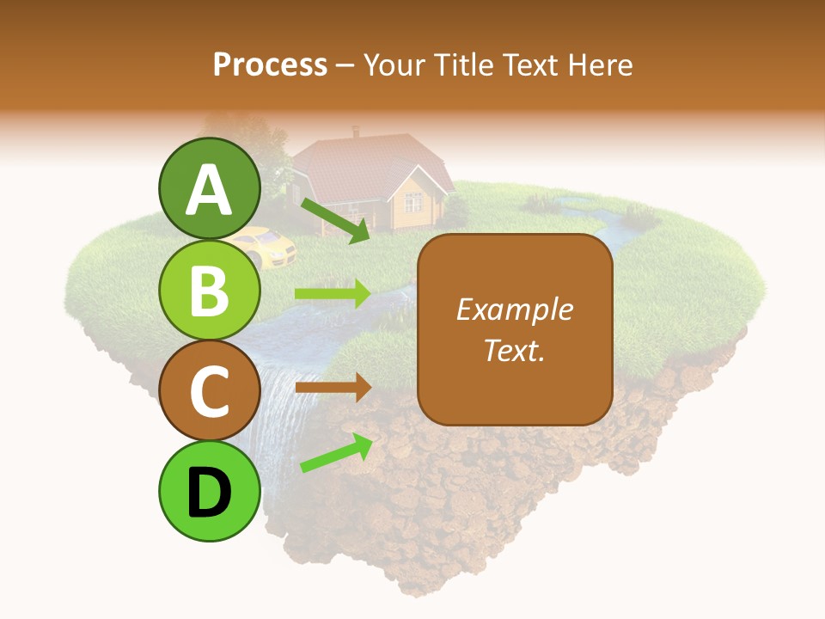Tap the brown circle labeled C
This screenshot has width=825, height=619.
[209, 390]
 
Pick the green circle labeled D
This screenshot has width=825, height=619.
[209, 491]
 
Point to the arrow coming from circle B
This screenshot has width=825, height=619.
[333, 294]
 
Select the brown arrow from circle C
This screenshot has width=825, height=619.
[333, 388]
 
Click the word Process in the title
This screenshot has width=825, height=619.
[270, 64]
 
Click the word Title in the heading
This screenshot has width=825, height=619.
[465, 64]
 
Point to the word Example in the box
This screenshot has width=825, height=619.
[514, 309]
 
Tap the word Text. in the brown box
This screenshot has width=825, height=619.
[514, 350]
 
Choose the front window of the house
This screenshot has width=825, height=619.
[412, 203]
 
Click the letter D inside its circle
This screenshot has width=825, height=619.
[209, 493]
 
